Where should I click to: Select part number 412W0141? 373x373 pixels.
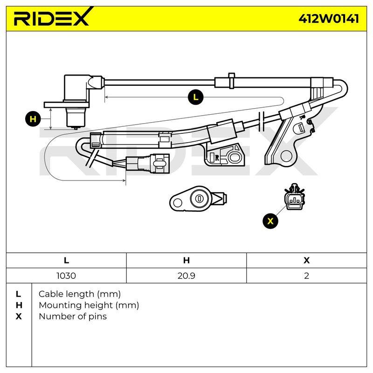(329, 18)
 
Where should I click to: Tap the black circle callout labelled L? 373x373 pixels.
(195, 97)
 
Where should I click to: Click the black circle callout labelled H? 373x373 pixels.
(33, 119)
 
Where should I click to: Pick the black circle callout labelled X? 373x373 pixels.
(270, 221)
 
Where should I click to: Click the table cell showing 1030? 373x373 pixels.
(66, 276)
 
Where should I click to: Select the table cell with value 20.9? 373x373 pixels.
(186, 276)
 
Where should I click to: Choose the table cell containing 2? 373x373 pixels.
(307, 276)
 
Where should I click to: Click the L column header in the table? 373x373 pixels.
(66, 260)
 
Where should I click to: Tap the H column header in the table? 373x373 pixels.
(186, 260)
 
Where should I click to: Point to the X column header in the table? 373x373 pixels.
(307, 260)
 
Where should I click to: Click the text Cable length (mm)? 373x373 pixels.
(80, 294)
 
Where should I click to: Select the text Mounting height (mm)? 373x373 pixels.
(89, 305)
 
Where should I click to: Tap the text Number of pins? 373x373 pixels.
(73, 317)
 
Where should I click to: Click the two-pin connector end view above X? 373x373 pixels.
(295, 197)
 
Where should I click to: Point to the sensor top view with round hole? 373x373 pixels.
(198, 199)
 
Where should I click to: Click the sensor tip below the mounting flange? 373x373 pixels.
(76, 118)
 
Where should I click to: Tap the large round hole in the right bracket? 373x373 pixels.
(286, 156)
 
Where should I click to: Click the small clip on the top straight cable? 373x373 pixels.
(231, 81)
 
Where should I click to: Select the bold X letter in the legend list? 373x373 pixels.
(19, 317)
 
